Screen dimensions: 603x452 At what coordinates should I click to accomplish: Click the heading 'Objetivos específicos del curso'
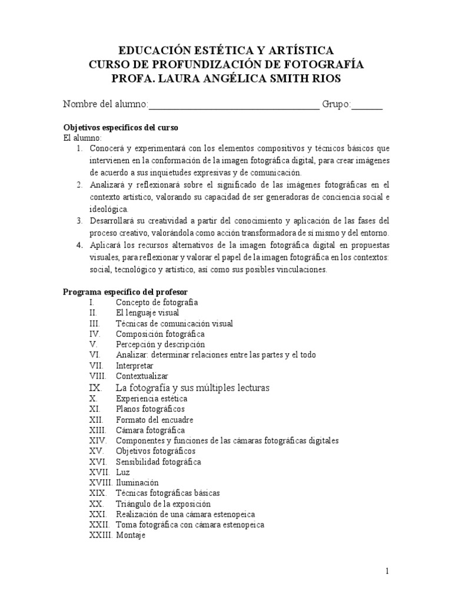[x=120, y=128]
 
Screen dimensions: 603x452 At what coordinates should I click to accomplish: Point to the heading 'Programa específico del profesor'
[x=125, y=291]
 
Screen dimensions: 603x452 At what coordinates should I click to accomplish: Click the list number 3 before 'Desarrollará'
[x=79, y=220]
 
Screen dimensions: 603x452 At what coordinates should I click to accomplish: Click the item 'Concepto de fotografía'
[x=156, y=303]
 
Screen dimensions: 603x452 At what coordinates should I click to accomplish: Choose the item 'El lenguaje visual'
[x=147, y=313]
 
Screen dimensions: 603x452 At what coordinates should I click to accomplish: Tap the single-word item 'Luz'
[x=122, y=472]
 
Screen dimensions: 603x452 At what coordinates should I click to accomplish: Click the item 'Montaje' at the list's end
[x=130, y=535]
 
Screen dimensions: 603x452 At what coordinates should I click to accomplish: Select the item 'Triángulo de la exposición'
[x=163, y=504]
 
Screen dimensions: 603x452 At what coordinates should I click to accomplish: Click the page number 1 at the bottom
[x=387, y=571]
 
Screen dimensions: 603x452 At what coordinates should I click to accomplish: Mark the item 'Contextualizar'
[x=142, y=376]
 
